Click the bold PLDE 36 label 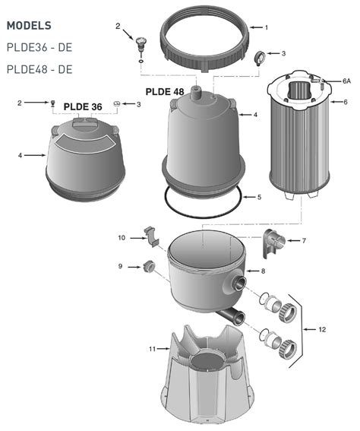click(x=82, y=107)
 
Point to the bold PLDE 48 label click(x=166, y=92)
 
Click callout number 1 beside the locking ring click(x=266, y=28)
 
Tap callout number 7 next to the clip click(x=304, y=241)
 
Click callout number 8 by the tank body click(x=263, y=271)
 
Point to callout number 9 click(x=121, y=266)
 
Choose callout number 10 click(x=122, y=238)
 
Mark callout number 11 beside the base click(x=152, y=349)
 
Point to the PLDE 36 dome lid click(x=83, y=156)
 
